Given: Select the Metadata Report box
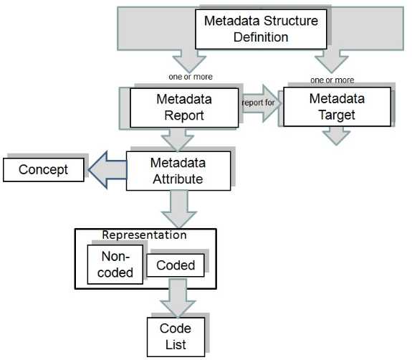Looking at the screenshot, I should pos(181,107).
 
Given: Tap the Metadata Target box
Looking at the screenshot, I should pos(337,106).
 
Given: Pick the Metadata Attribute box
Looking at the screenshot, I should pos(178,170).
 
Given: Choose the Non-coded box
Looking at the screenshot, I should pos(115,264).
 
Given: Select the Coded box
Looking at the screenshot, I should pos(176,265).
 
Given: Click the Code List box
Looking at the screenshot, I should pos(176,336).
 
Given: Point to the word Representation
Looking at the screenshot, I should pos(144,235).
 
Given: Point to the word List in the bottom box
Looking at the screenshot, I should pos(176,345).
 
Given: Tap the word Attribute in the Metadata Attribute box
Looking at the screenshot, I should pos(178,179).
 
